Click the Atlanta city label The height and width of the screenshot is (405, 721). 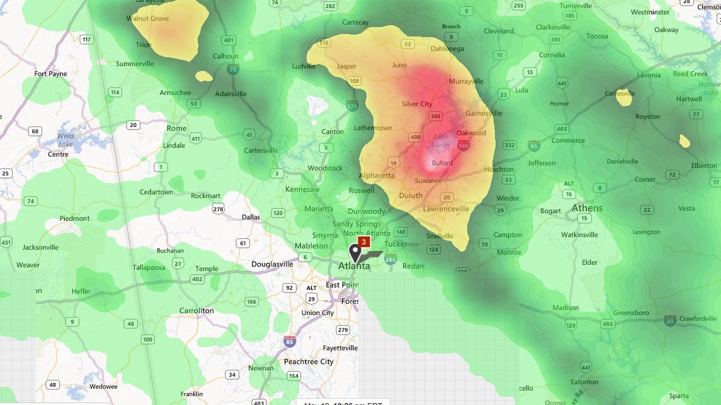(354, 266)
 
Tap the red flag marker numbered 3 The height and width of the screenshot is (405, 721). (363, 241)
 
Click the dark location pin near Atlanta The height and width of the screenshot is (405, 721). (356, 253)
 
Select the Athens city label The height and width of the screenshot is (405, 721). (587, 208)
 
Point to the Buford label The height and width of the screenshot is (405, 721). (442, 164)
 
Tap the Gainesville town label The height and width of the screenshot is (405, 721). (484, 113)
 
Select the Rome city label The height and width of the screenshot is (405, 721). (176, 128)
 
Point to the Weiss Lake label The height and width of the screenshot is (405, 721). (65, 140)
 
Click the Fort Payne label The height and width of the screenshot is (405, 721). (50, 74)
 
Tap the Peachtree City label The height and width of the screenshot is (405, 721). (309, 362)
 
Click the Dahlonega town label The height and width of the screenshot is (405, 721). (447, 48)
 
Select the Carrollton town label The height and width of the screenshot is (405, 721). (196, 311)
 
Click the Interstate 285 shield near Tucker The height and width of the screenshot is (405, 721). (390, 258)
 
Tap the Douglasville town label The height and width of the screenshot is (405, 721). (272, 264)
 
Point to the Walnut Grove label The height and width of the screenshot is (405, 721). (147, 19)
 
